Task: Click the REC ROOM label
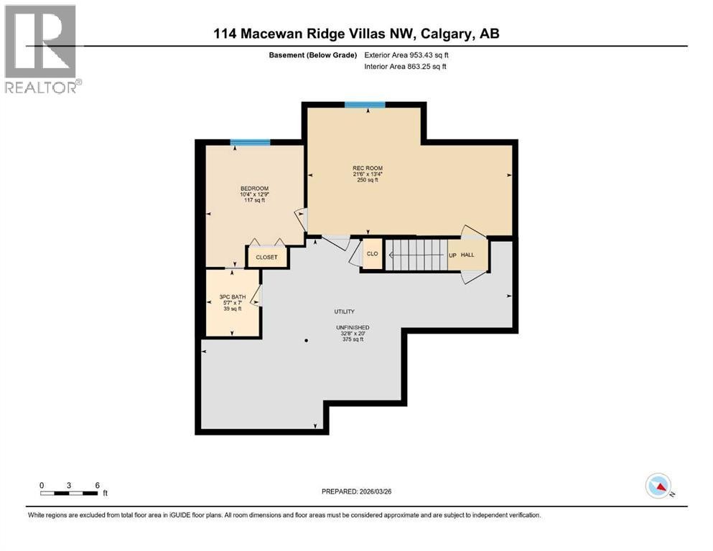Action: (x=367, y=168)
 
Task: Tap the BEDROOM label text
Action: (x=254, y=188)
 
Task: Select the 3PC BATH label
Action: (x=233, y=296)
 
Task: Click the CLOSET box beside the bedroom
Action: (x=266, y=257)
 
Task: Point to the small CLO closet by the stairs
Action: (x=373, y=254)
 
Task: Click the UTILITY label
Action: (x=344, y=312)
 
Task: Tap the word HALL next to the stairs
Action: (x=467, y=255)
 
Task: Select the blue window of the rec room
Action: (x=365, y=105)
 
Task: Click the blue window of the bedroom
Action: (x=250, y=143)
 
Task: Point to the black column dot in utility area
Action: (x=306, y=340)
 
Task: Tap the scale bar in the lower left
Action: (x=69, y=493)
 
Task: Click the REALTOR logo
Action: (x=42, y=49)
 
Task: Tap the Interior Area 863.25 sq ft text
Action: (x=406, y=67)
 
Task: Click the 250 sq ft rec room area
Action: (x=367, y=180)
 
